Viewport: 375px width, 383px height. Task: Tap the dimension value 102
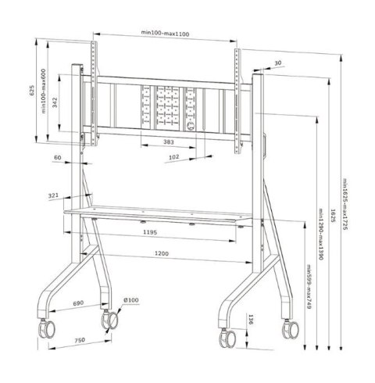point(174,158)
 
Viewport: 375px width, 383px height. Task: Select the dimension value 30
point(278,64)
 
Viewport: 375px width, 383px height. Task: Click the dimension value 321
point(53,195)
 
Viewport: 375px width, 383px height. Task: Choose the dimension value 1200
point(162,254)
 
